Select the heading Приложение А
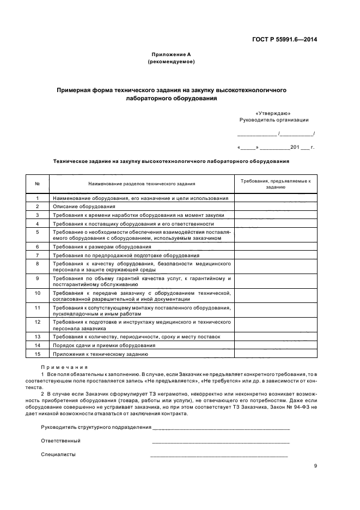tap(171, 54)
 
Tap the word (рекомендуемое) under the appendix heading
tap(171, 62)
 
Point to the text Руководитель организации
tap(274, 119)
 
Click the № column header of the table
tap(37, 184)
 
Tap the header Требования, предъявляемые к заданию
tap(275, 184)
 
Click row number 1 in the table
tap(37, 198)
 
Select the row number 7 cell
tap(37, 255)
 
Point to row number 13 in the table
tap(37, 337)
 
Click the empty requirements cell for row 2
tap(275, 207)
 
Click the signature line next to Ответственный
tap(221, 441)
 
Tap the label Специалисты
tap(58, 454)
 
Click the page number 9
tap(315, 466)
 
